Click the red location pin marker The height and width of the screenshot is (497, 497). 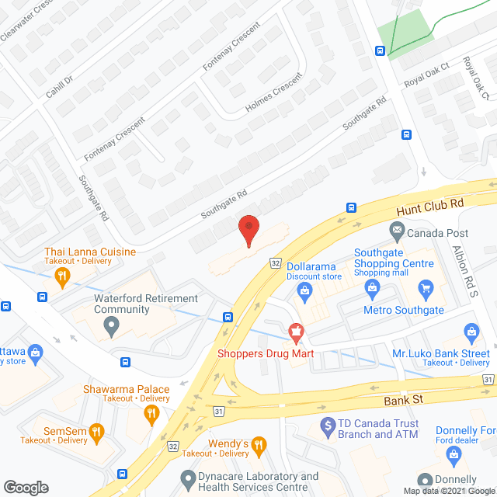tap(248, 231)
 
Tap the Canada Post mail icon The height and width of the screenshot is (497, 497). tap(397, 231)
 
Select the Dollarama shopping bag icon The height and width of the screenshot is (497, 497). tap(304, 292)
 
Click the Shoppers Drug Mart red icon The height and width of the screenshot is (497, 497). tap(295, 332)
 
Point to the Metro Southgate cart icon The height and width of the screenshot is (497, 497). tap(425, 290)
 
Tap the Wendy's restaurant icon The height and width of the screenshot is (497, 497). tap(259, 444)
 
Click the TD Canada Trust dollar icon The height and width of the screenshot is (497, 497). tap(328, 426)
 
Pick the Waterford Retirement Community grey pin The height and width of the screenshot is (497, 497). tap(112, 326)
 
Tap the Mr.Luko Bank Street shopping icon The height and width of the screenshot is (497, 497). tap(471, 333)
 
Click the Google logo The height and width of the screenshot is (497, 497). tap(25, 488)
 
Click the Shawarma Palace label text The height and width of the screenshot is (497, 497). tap(128, 388)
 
